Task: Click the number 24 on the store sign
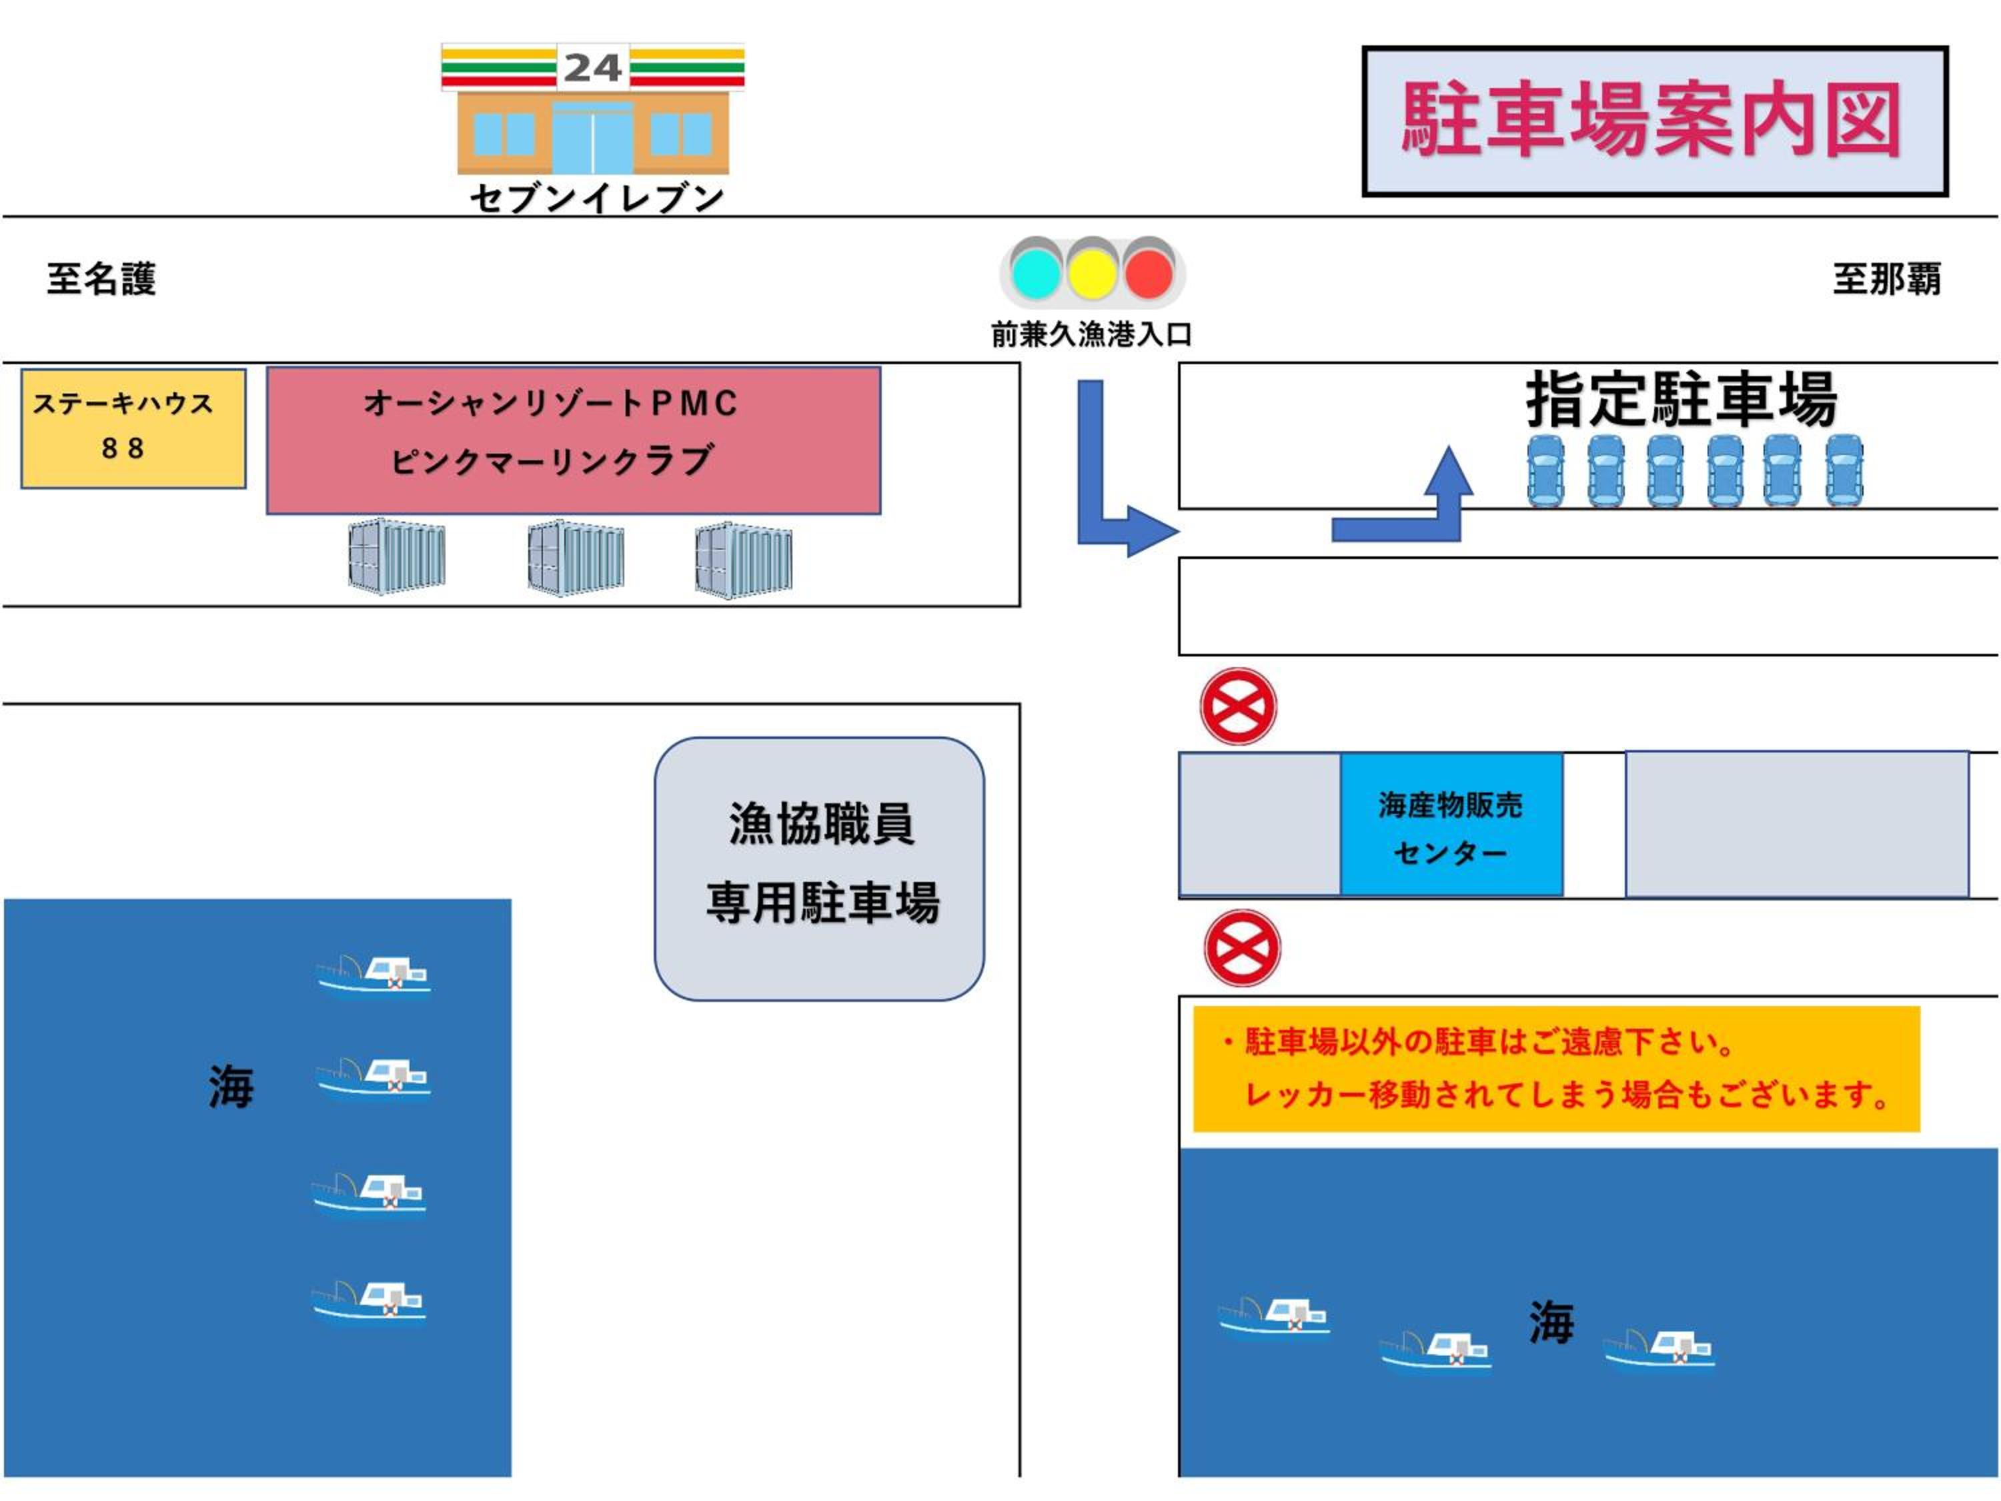coord(592,68)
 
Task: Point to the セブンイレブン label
coord(596,198)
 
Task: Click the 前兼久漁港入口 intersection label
coord(1091,335)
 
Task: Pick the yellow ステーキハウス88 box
coord(133,428)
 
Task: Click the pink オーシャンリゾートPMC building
coord(572,440)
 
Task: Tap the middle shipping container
coord(576,556)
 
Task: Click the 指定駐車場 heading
coord(1681,399)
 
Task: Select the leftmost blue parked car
coord(1545,470)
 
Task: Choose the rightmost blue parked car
coord(1844,470)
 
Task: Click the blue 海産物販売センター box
coord(1450,825)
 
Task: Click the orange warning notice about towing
coord(1556,1069)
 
